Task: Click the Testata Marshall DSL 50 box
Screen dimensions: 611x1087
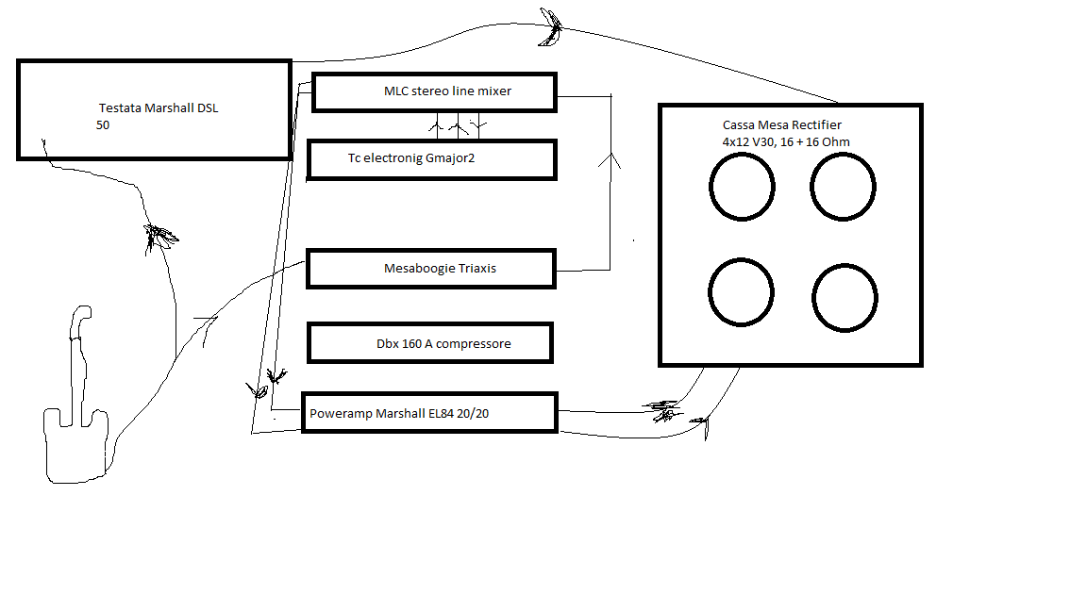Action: coord(154,109)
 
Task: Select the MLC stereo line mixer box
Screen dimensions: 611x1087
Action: coord(434,91)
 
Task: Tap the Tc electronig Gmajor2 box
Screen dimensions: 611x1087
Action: coord(432,158)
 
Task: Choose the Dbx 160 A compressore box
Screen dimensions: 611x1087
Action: coord(429,343)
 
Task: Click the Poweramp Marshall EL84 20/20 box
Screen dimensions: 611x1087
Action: coord(429,413)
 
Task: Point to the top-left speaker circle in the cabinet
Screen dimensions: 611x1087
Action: coord(742,187)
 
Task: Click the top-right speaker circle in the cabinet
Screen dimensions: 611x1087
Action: coord(845,187)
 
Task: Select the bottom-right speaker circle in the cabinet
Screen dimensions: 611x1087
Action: coord(845,298)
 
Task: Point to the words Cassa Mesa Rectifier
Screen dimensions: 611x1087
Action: coord(781,124)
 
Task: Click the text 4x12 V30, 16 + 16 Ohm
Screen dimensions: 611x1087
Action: coord(785,141)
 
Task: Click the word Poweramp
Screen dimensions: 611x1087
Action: coord(342,414)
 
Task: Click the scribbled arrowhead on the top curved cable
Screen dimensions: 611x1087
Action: coord(551,28)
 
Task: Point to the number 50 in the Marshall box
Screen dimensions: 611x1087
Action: coord(103,124)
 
